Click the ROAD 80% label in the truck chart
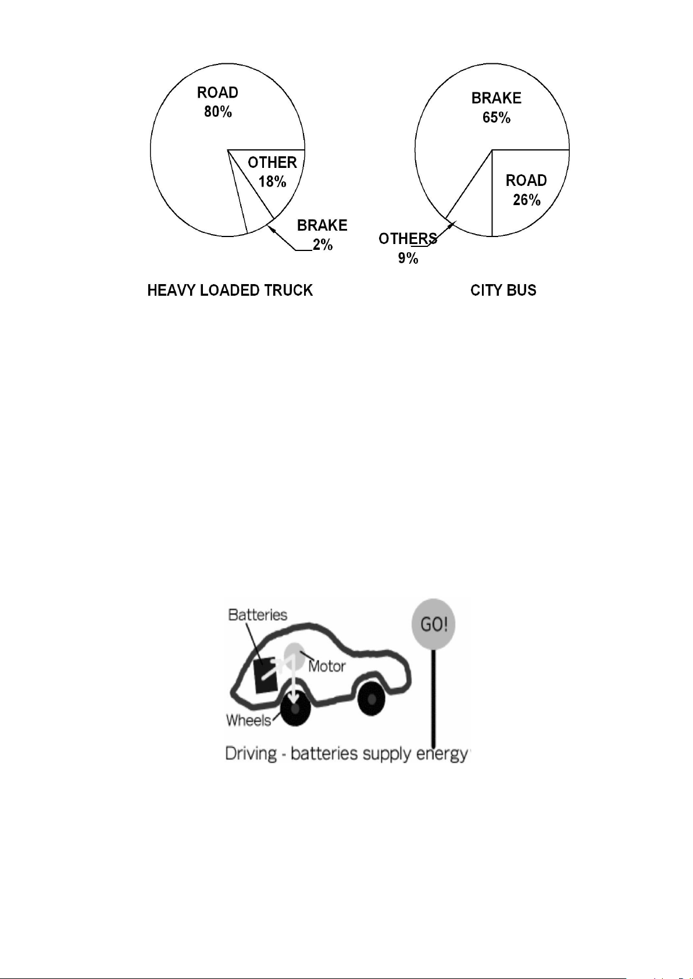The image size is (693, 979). (218, 102)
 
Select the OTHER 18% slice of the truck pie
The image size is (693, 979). (272, 175)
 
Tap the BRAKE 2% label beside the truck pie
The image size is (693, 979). (322, 235)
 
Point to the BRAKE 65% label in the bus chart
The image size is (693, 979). (496, 108)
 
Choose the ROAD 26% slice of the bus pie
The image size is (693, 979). (527, 188)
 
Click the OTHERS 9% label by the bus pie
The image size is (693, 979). (408, 248)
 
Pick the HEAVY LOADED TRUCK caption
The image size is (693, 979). (230, 291)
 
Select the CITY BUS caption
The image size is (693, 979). (503, 291)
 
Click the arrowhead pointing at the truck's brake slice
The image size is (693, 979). (270, 228)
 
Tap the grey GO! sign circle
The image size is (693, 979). (433, 623)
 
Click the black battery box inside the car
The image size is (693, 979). (265, 675)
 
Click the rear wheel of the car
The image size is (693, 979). (371, 698)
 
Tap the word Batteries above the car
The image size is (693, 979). (258, 615)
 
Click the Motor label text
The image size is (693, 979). (327, 666)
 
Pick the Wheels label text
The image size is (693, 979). (248, 720)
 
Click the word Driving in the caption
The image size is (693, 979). (251, 754)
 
